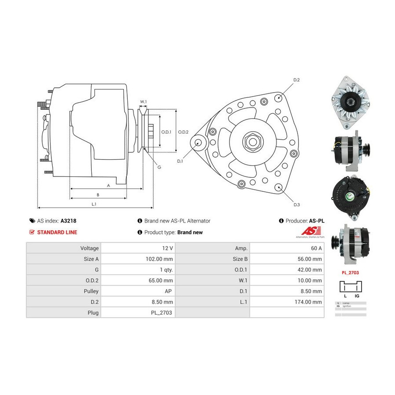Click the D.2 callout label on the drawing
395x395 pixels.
(296, 80)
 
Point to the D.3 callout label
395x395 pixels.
(296, 205)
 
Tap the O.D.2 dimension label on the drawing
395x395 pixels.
(183, 132)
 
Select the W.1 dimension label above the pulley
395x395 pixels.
(143, 102)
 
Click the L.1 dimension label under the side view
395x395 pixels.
(94, 204)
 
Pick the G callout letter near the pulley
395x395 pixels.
(159, 167)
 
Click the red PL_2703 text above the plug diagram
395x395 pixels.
(350, 273)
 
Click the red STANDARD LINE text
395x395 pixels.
(57, 232)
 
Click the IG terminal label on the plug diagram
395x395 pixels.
(356, 296)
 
